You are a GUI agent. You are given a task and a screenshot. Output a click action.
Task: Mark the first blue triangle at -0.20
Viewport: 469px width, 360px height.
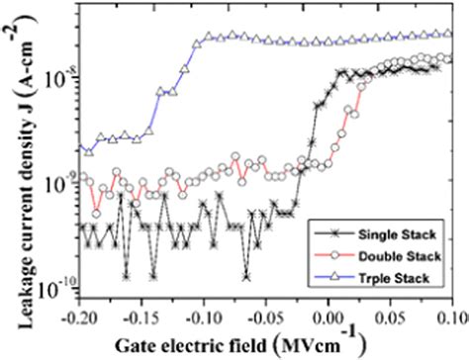click(85, 150)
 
